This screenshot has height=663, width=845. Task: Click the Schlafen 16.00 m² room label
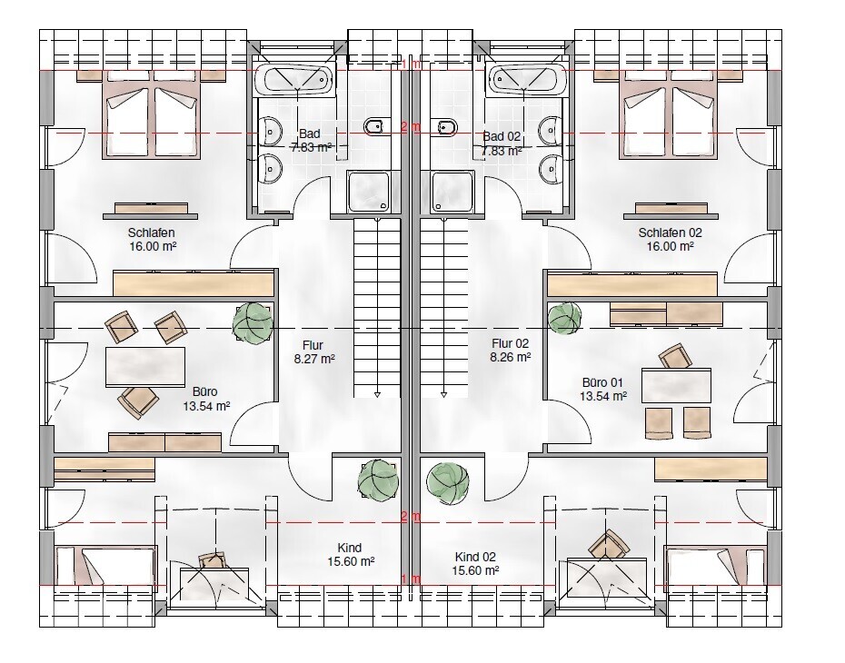click(x=151, y=239)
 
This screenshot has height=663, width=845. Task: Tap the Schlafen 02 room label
click(x=671, y=239)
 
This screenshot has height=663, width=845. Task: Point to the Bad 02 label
click(x=502, y=142)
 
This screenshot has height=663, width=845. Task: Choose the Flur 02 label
click(x=510, y=351)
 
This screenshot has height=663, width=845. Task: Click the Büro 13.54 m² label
click(x=205, y=399)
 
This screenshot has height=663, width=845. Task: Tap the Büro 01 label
click(x=604, y=389)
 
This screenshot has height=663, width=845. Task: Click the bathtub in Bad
click(x=295, y=80)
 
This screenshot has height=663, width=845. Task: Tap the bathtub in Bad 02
click(x=526, y=80)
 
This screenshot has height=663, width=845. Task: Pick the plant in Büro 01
click(x=564, y=319)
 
